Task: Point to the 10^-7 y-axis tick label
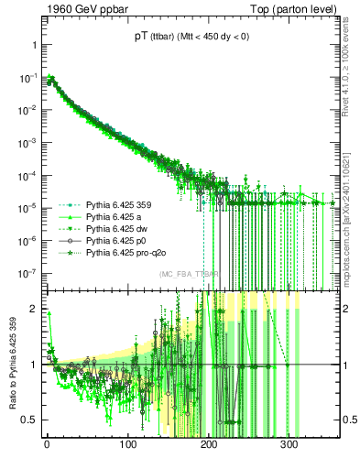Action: click(x=27, y=273)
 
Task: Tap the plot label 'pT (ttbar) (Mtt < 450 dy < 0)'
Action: click(x=186, y=38)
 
